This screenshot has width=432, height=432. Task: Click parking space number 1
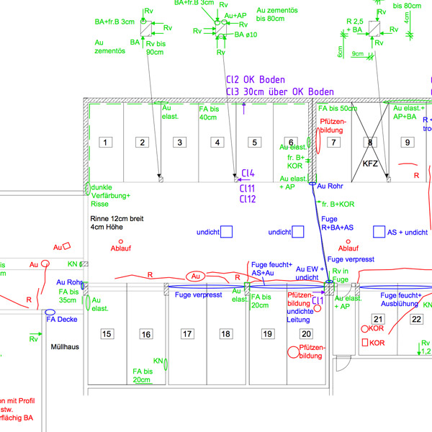click(105, 143)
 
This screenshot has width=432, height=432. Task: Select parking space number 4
click(217, 143)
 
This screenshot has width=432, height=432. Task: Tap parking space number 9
click(407, 143)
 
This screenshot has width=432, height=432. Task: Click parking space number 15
click(107, 333)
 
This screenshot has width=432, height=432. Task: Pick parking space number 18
click(226, 333)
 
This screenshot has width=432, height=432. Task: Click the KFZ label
click(370, 164)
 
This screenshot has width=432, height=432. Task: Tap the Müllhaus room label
click(64, 346)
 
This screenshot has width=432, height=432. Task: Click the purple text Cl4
click(248, 173)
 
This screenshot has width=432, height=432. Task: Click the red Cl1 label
click(318, 300)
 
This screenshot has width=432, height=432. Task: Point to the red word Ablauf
click(120, 249)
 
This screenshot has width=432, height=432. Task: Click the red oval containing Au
click(196, 276)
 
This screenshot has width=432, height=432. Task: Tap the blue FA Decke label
click(62, 319)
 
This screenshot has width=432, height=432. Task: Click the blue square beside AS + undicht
click(379, 232)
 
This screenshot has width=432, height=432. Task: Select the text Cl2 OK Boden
click(255, 79)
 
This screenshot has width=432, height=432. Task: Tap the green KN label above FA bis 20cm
click(158, 360)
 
